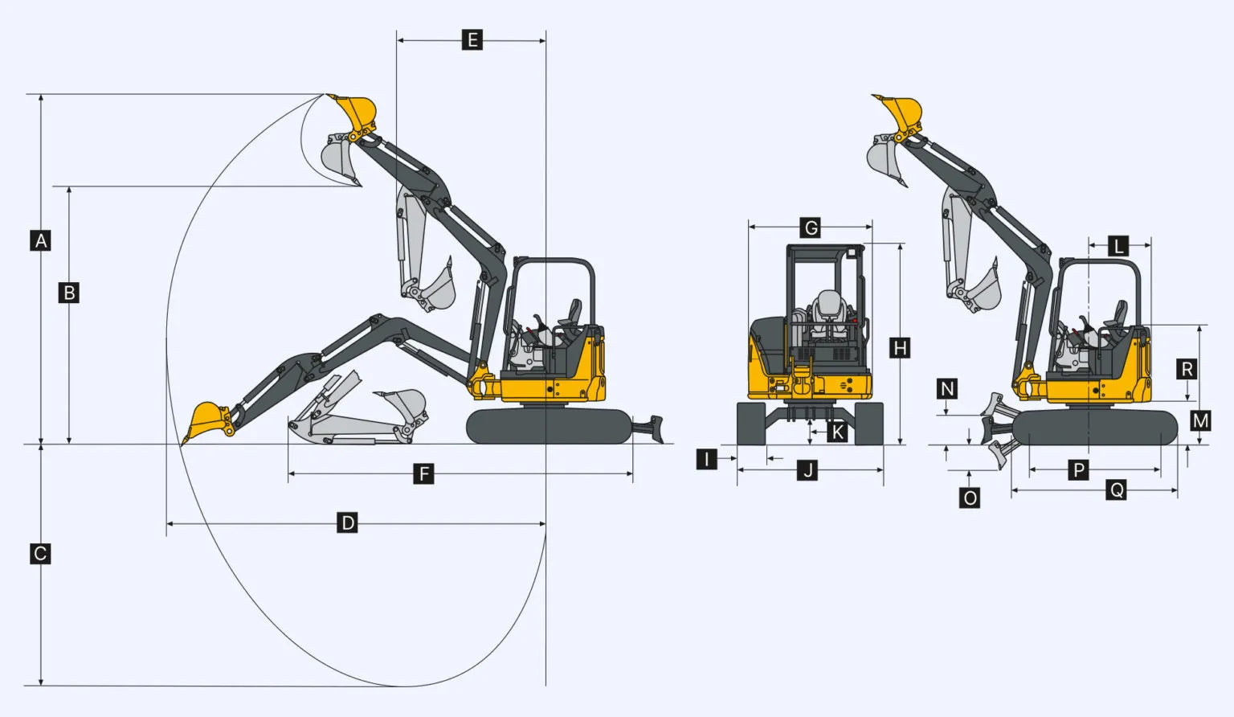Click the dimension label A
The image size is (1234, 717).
coord(40,241)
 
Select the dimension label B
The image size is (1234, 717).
coord(69,293)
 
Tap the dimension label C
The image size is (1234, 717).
coord(40,554)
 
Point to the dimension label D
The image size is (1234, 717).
coord(347,522)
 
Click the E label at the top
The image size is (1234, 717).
coord(472,40)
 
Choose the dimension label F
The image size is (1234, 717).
coord(423,474)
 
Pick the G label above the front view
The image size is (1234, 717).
coord(811,227)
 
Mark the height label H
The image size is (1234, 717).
coord(900,348)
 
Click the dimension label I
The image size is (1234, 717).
coord(707,458)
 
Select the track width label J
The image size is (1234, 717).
coord(807,471)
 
